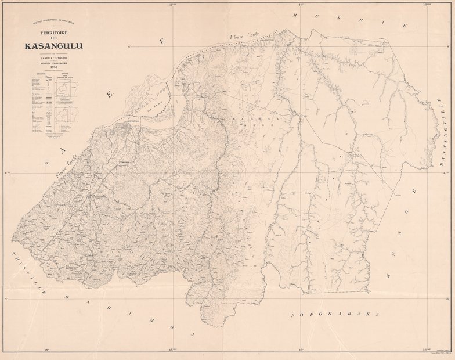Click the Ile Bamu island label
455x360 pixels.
[154, 107]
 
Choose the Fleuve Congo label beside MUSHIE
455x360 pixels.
[243, 39]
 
